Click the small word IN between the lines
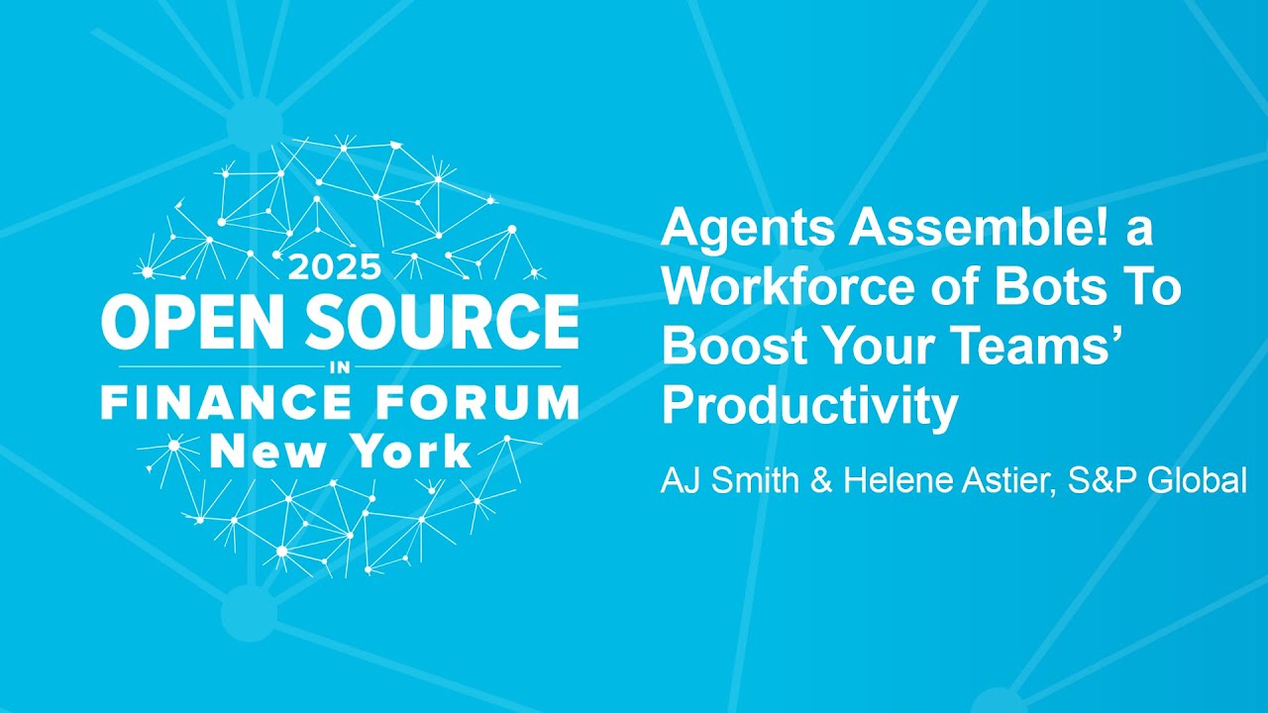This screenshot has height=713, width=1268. [340, 366]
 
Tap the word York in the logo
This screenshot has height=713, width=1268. [406, 452]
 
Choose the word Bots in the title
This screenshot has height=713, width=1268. [1052, 288]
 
